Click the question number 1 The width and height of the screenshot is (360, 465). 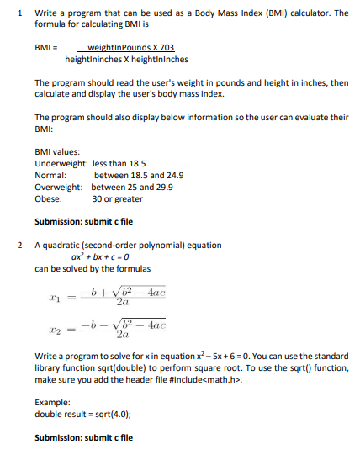[x=19, y=13]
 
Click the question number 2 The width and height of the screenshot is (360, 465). [x=19, y=246]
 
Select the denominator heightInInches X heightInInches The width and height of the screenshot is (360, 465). [x=126, y=60]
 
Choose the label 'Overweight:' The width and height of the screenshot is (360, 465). [x=59, y=188]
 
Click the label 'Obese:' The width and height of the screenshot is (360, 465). [x=48, y=199]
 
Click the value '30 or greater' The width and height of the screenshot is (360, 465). [x=117, y=199]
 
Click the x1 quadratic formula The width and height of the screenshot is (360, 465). [x=109, y=297]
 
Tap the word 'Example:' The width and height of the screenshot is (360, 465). [x=53, y=403]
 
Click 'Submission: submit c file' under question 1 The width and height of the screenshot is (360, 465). [x=83, y=222]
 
